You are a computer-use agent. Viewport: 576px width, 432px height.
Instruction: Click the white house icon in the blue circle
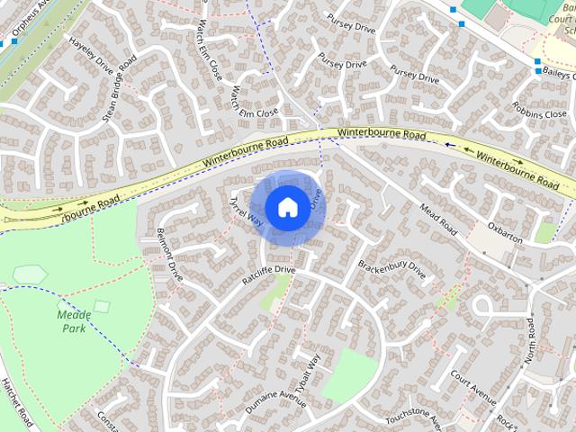coord(286,207)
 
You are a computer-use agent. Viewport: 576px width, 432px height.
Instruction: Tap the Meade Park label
coord(75,321)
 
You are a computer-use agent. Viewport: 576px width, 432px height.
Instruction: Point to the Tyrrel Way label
coord(246,209)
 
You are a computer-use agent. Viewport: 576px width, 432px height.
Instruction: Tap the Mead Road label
coord(439,222)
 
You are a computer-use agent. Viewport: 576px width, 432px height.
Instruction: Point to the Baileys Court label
coord(557,75)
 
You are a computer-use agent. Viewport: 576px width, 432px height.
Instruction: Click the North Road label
coord(532,339)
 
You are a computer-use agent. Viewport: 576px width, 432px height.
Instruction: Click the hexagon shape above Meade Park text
coord(30,274)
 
